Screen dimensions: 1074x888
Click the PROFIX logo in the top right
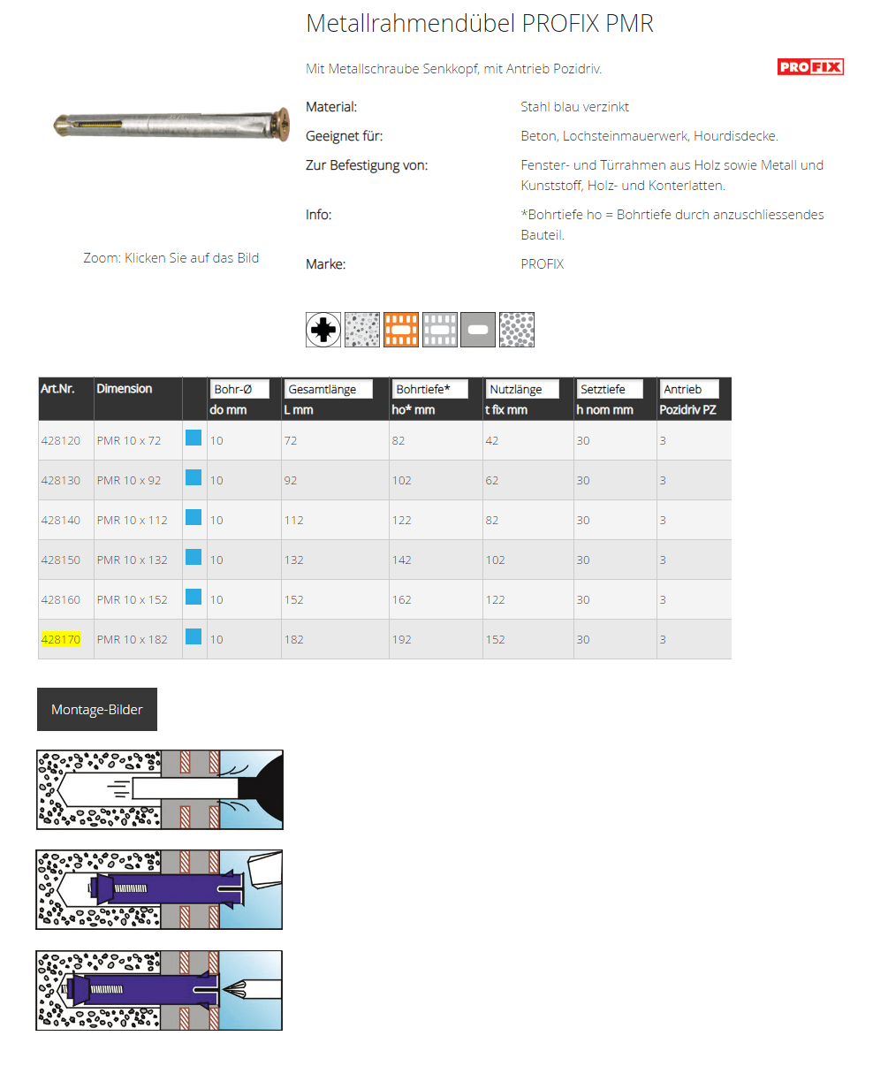pos(810,67)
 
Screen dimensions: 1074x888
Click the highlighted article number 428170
pos(61,639)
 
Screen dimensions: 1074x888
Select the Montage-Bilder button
pos(97,709)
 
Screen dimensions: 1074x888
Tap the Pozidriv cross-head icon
pos(323,330)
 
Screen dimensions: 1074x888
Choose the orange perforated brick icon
pos(401,330)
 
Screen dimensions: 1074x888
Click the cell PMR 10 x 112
pos(132,520)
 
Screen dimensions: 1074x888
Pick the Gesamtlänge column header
pos(328,389)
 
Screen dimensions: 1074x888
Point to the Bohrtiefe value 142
pos(402,560)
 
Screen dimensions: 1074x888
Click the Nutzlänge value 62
pos(492,480)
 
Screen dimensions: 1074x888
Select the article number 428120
pos(61,440)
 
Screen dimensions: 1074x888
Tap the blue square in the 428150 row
pos(194,557)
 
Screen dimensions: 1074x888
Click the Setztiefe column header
pos(609,389)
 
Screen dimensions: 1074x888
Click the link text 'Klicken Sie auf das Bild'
pos(192,258)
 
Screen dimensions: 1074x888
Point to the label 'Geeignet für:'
pos(345,136)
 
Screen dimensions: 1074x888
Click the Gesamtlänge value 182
pos(294,639)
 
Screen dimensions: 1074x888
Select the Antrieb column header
pos(689,389)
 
